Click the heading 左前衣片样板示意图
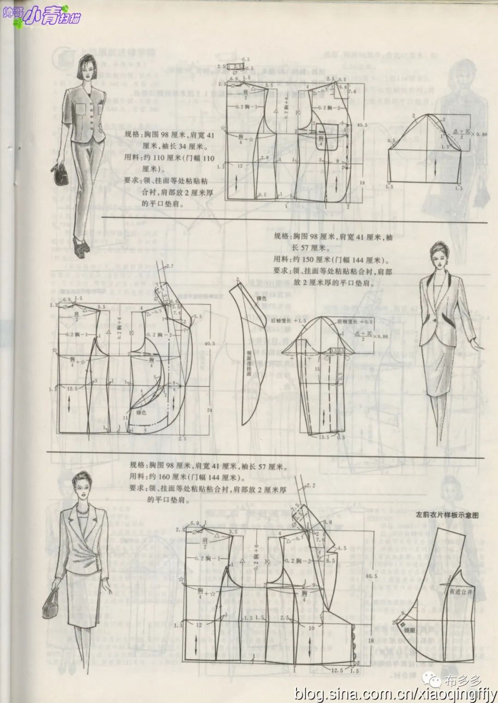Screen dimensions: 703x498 pyautogui.click(x=447, y=514)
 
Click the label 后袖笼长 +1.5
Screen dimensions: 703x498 pyautogui.click(x=289, y=320)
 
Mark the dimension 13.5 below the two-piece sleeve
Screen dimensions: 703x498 pyautogui.click(x=324, y=437)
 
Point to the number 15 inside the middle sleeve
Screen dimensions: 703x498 pyautogui.click(x=317, y=369)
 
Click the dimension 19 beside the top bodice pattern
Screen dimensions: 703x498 pyautogui.click(x=362, y=183)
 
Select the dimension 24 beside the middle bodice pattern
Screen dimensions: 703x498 pyautogui.click(x=209, y=410)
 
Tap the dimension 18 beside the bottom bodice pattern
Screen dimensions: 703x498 pyautogui.click(x=370, y=641)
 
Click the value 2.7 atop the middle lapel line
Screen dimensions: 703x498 pyautogui.click(x=169, y=266)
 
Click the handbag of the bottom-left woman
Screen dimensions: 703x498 pyautogui.click(x=51, y=603)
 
